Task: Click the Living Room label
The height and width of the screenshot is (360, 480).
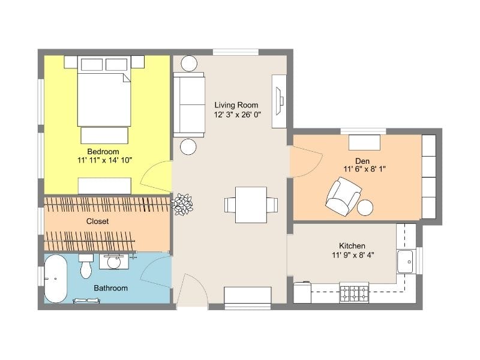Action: point(236,105)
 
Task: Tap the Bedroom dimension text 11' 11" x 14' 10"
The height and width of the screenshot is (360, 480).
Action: point(104,160)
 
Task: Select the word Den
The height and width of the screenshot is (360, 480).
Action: point(362,161)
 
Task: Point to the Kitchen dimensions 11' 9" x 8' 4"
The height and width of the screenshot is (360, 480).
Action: point(353,254)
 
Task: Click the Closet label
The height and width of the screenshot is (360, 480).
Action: point(97,221)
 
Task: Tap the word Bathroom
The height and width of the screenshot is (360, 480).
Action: point(110,288)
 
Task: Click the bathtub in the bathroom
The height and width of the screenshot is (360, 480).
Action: point(55,278)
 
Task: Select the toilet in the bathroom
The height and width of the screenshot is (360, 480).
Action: point(86,266)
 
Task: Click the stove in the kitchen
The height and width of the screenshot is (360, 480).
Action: point(354,293)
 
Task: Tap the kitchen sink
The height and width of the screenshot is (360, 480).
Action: point(405,262)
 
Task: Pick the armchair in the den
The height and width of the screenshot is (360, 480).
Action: point(343,196)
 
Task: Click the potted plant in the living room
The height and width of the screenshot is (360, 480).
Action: point(182,204)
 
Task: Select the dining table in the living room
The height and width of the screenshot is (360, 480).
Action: point(251,205)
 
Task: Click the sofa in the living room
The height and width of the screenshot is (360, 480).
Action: point(189,104)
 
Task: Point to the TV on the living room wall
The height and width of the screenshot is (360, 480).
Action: point(280,101)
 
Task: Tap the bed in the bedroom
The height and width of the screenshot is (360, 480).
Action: point(104,91)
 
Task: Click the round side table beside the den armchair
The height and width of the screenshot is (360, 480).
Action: point(365,207)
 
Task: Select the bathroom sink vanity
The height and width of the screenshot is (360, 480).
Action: point(114,262)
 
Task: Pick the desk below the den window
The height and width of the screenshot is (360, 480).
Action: point(364,142)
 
